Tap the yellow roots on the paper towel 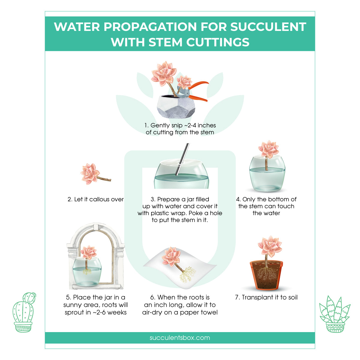(187, 274)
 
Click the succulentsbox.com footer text (180, 337)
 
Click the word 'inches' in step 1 (205, 125)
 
